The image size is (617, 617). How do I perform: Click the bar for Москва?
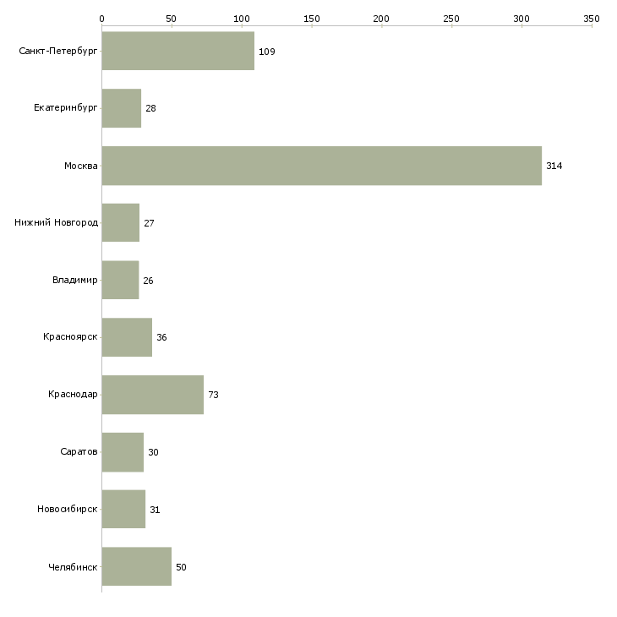[x=321, y=166]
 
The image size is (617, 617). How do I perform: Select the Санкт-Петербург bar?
[x=177, y=51]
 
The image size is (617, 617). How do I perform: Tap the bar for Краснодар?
[x=152, y=395]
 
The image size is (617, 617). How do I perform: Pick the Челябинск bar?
[x=136, y=567]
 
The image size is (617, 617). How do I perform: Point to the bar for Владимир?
[x=120, y=280]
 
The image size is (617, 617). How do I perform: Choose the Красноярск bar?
[x=127, y=337]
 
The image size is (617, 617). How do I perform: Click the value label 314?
[x=554, y=166]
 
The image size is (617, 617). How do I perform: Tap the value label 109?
[x=266, y=52]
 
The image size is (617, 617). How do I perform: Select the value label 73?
[x=213, y=395]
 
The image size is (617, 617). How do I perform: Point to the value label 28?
[x=150, y=109]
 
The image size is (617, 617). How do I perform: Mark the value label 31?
[x=155, y=510]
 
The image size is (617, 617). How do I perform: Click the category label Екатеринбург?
[x=66, y=108]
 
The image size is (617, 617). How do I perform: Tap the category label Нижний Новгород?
[x=57, y=223]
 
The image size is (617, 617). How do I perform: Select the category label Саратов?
[x=79, y=452]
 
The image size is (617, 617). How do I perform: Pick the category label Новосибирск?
[x=68, y=510]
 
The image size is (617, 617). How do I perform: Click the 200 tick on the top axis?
[x=381, y=18]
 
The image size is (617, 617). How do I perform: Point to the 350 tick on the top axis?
[x=592, y=18]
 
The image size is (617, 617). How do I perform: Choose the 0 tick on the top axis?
[x=101, y=18]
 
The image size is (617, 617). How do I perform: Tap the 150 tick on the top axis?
[x=311, y=18]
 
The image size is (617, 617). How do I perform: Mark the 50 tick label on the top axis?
[x=172, y=18]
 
